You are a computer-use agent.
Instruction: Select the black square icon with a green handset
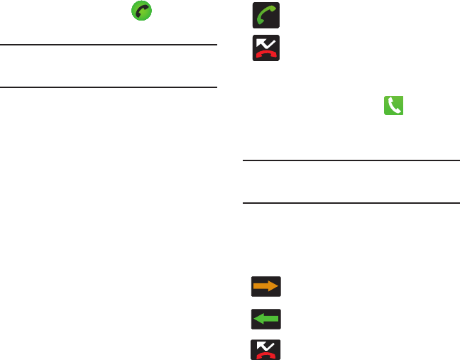(265, 16)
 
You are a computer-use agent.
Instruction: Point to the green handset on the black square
(265, 16)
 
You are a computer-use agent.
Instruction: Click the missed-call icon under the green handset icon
(265, 48)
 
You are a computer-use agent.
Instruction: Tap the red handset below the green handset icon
(265, 53)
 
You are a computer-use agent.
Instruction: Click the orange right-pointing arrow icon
(265, 286)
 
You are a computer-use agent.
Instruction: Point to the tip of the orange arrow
(276, 286)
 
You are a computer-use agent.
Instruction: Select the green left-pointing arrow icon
(265, 319)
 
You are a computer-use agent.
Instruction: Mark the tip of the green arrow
(255, 319)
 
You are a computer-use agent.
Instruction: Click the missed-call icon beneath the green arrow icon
(265, 349)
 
